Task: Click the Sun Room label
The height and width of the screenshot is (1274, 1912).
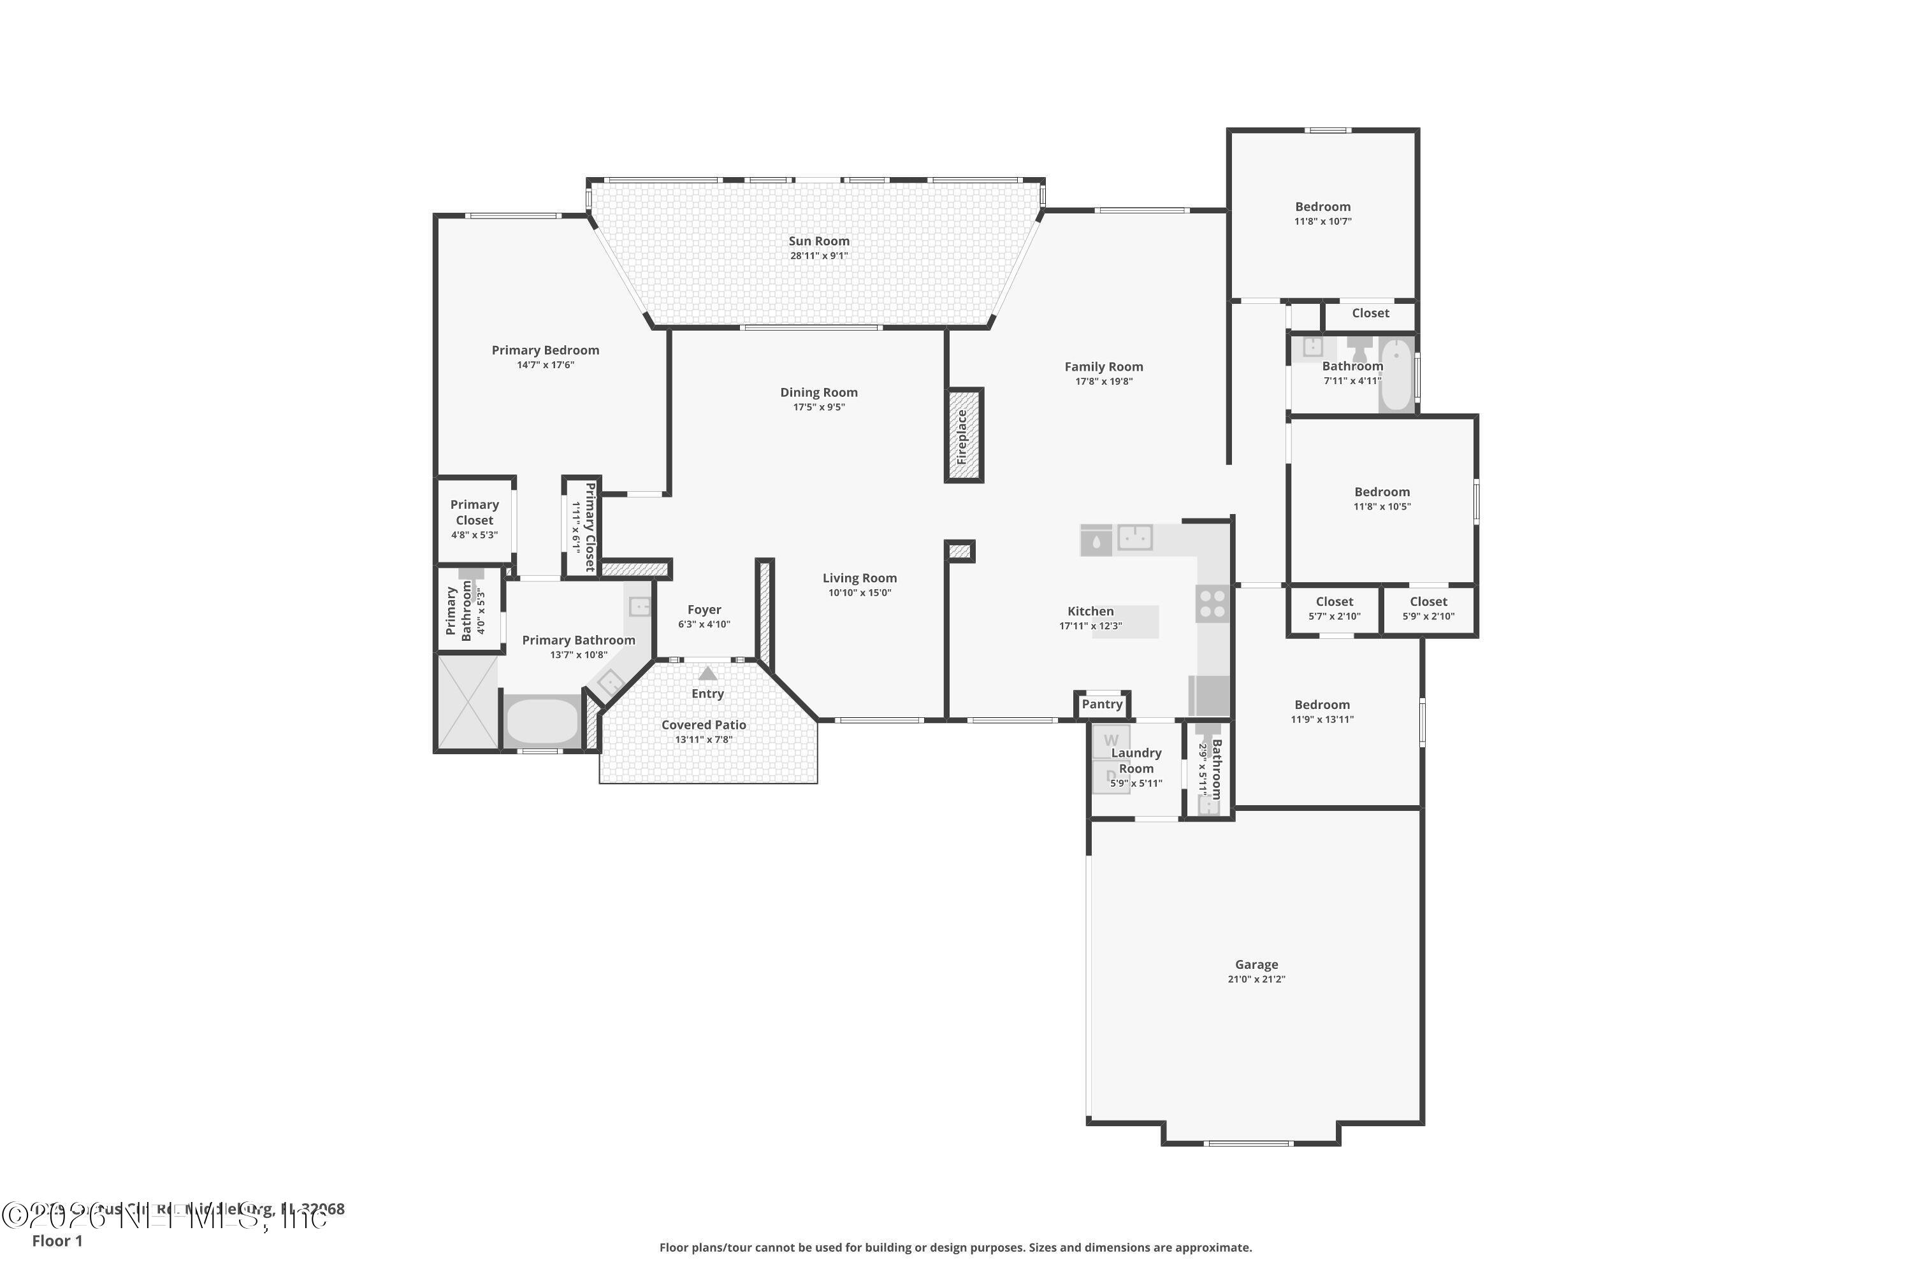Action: coord(818,241)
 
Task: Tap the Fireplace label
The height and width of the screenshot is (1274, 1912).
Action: coord(962,436)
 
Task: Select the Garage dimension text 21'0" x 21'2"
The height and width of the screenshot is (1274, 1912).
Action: coord(1256,979)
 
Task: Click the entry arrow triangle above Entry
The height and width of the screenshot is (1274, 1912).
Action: coord(708,673)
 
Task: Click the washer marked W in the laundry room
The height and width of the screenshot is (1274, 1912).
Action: coord(1110,740)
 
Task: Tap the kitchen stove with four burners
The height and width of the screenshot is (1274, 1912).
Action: coord(1212,605)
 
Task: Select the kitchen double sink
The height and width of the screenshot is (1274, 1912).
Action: coord(1135,537)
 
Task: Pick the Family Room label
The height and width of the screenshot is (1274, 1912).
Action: coord(1103,368)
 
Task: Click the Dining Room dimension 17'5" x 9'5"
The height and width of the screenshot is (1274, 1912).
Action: coord(818,407)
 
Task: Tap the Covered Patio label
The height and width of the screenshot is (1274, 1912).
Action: coord(703,725)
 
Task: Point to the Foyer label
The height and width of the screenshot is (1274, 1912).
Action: coord(704,610)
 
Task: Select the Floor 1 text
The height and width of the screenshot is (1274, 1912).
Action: coord(57,1241)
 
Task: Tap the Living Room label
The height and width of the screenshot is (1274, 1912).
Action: coord(859,578)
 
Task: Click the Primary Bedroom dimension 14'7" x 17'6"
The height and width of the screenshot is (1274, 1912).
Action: coord(545,365)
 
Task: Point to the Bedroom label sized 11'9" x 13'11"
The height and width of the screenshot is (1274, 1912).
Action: coord(1322,705)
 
